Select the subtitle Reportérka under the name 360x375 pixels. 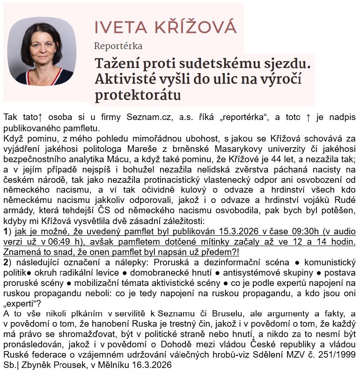coord(118,46)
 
